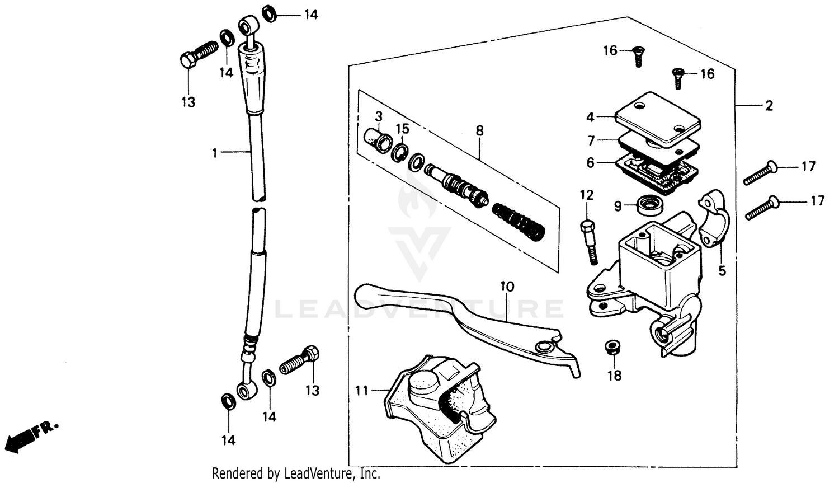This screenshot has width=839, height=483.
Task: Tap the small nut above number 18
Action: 613,348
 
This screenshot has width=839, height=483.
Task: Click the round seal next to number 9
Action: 649,204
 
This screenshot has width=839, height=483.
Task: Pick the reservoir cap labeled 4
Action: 658,119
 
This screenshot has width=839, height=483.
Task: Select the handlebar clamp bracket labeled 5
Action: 713,218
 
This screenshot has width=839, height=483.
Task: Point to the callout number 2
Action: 769,106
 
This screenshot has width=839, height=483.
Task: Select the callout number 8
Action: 479,131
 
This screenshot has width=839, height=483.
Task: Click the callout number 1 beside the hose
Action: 214,153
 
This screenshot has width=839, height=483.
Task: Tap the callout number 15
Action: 403,129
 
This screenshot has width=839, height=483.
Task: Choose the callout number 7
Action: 591,140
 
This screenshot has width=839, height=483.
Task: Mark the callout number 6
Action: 591,163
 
